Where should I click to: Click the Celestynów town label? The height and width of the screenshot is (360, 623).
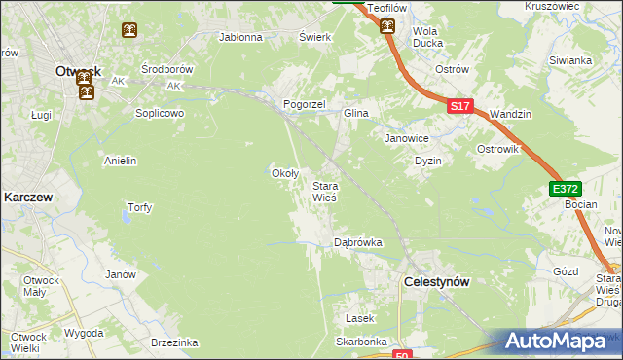(436, 281)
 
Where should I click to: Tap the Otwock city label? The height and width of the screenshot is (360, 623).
(79, 71)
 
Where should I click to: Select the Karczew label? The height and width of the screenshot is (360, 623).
(27, 196)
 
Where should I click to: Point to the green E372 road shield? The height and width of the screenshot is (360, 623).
(564, 189)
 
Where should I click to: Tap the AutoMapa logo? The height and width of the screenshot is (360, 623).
(562, 342)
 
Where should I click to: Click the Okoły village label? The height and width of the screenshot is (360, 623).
(283, 173)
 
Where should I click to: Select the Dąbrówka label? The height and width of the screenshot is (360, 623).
(357, 241)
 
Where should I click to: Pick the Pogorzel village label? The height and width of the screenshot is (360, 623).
(303, 103)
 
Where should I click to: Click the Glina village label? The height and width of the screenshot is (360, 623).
(355, 113)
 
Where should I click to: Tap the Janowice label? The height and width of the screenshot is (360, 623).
(406, 137)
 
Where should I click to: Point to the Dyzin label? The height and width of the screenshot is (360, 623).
(428, 161)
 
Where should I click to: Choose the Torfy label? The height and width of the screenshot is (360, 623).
(139, 207)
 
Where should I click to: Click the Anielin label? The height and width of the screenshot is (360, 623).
(120, 161)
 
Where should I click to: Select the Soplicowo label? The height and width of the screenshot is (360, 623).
(160, 112)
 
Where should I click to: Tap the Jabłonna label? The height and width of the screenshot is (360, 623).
(241, 38)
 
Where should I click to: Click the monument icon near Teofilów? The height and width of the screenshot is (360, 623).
(387, 27)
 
